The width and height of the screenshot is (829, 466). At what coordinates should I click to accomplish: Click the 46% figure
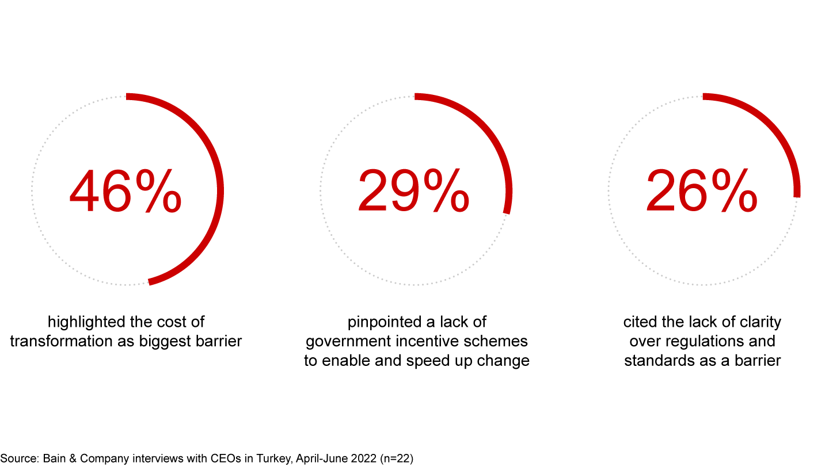[x=126, y=191]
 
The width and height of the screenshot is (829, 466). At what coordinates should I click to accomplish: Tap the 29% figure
[x=414, y=191]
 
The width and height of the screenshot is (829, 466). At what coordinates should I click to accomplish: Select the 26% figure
[x=702, y=191]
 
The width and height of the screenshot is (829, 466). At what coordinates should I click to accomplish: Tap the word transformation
[x=60, y=341]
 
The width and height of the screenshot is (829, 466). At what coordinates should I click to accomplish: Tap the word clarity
[x=760, y=323]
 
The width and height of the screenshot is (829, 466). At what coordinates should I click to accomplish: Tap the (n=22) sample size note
[x=396, y=459]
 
